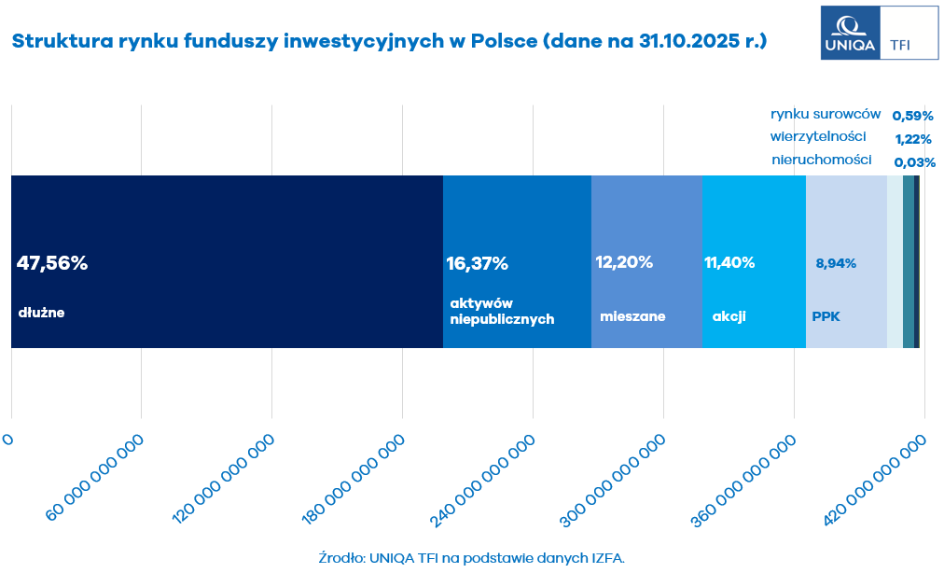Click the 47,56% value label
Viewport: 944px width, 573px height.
click(x=52, y=263)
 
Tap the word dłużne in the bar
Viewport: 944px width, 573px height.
click(x=41, y=313)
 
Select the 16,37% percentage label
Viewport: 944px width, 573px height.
click(x=478, y=263)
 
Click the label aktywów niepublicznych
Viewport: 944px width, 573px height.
click(x=502, y=312)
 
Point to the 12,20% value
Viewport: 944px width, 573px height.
click(x=624, y=262)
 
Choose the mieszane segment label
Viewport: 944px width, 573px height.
click(x=632, y=316)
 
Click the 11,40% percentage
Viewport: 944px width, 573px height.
click(x=729, y=262)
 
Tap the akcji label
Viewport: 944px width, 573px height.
click(x=729, y=316)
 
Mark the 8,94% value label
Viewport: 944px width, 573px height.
click(x=836, y=263)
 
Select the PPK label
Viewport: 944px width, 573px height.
click(x=826, y=316)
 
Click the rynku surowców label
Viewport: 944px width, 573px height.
click(x=826, y=114)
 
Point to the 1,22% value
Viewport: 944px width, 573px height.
click(x=913, y=139)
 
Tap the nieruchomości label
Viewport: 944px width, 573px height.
click(x=822, y=160)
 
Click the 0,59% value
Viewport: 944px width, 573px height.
click(x=913, y=116)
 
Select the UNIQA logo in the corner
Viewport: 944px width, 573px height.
click(x=849, y=33)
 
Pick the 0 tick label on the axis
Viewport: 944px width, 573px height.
click(x=8, y=440)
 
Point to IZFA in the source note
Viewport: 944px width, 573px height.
click(x=604, y=557)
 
